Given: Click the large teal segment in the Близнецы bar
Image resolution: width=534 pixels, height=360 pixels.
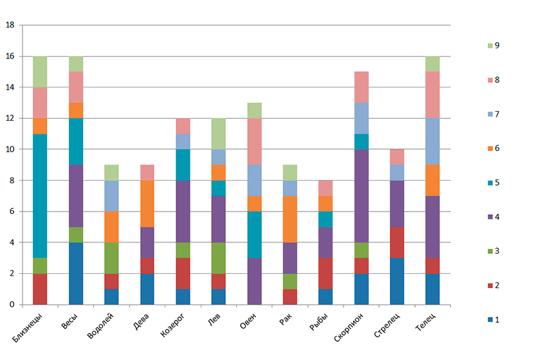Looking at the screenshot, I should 40,195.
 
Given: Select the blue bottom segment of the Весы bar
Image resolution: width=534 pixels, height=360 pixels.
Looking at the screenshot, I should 76,273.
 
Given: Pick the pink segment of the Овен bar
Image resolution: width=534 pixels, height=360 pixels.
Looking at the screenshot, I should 254,141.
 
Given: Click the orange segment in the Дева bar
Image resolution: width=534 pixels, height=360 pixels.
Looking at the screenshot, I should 147,204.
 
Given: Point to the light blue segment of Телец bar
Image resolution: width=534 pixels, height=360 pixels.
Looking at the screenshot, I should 432,141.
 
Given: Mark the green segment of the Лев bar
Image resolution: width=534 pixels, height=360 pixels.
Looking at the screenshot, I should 219,258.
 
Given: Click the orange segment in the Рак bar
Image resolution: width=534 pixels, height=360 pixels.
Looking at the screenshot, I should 290,219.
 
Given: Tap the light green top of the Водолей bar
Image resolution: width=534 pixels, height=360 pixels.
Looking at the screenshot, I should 112,172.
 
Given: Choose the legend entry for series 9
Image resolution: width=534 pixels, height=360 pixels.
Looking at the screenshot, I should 492,46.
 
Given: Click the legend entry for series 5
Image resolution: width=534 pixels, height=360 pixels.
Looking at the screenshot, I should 492,183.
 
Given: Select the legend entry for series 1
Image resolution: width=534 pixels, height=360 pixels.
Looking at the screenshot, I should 492,319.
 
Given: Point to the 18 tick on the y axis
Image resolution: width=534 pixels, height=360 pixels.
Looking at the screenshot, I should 10,26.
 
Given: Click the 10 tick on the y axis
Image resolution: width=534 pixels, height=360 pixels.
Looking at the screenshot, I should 10,149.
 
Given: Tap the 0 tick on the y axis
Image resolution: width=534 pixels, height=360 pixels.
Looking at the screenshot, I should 12,304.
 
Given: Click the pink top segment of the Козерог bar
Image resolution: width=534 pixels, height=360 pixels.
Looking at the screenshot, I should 183,126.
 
